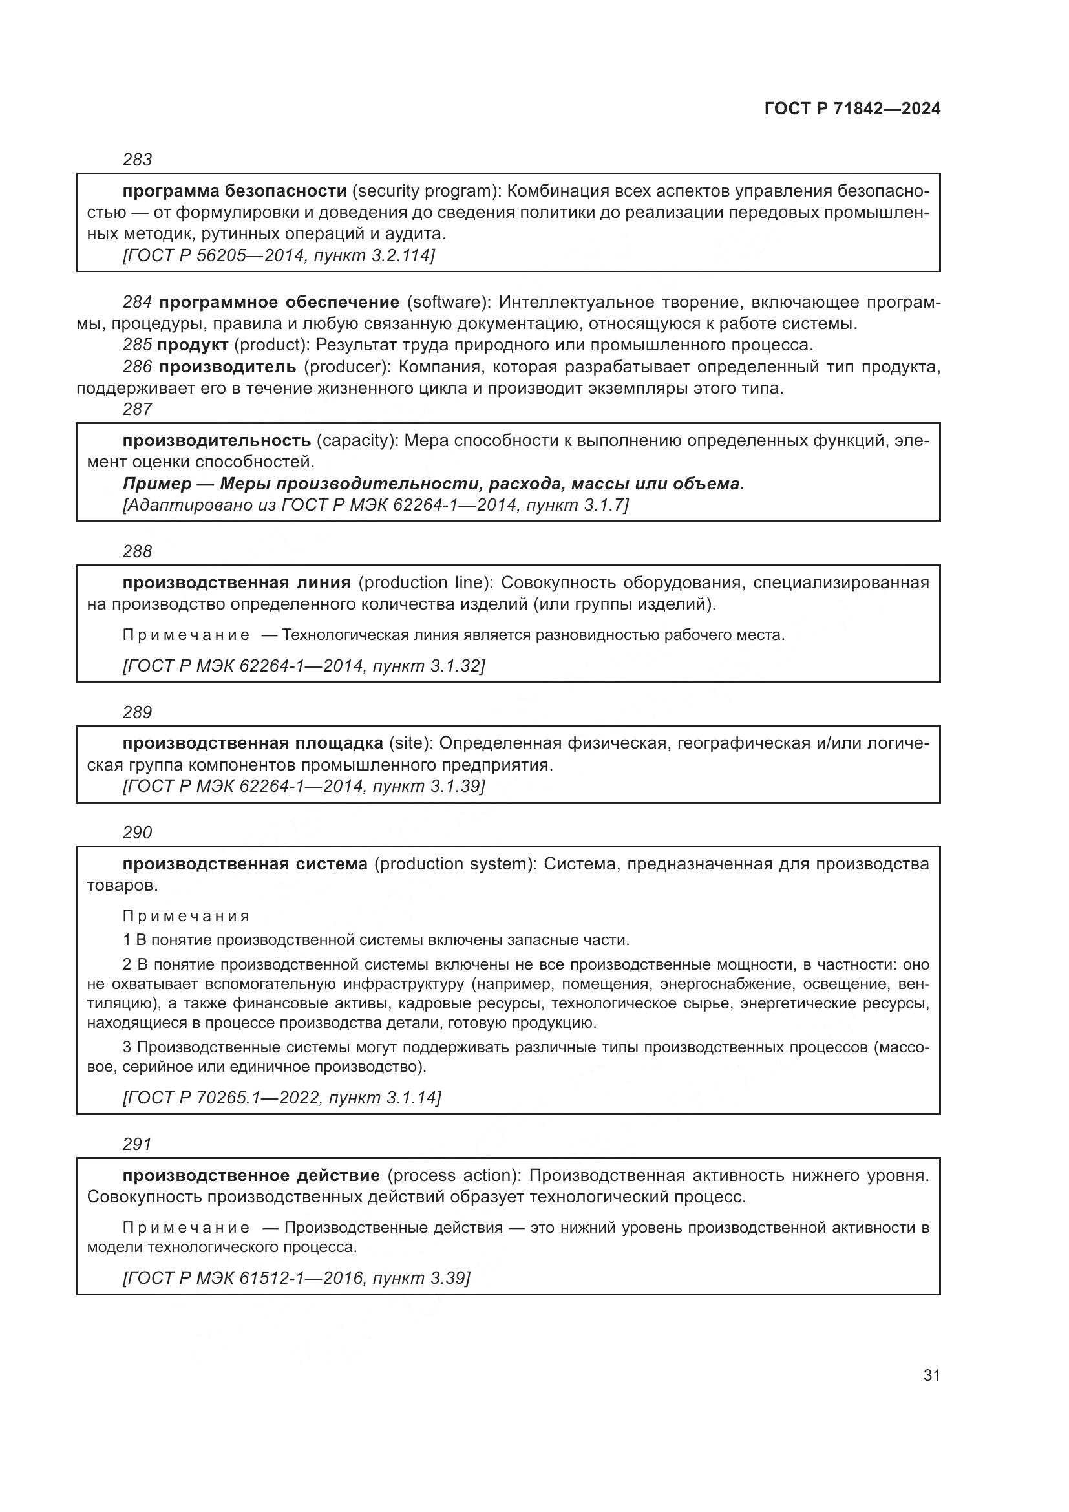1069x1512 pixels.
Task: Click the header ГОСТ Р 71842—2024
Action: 852,109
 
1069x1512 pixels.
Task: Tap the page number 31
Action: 931,1375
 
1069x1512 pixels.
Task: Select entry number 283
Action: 137,160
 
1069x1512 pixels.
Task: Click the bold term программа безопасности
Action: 235,191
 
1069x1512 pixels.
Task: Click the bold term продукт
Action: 193,345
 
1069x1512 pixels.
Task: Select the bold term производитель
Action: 228,366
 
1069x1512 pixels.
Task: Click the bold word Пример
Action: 156,484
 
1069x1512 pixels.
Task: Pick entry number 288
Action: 137,551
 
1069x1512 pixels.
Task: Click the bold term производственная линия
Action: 237,582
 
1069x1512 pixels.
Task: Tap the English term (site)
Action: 411,743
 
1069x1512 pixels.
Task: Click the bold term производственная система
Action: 245,864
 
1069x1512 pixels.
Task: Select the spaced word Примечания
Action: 186,916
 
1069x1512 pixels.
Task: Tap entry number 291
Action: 137,1144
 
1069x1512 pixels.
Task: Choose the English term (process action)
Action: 454,1175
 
